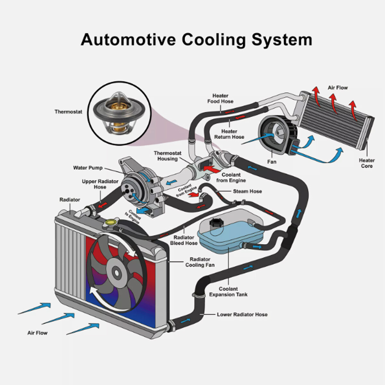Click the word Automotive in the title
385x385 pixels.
point(128,39)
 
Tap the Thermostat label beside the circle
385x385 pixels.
point(68,112)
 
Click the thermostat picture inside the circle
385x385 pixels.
point(119,113)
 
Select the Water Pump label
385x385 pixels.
point(88,168)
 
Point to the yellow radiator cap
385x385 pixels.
point(109,222)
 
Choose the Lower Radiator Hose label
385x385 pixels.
point(242,315)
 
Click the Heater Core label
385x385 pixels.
point(367,163)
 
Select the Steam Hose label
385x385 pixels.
point(247,192)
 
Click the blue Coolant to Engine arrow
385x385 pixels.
point(143,210)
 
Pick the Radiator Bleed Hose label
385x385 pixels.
point(184,240)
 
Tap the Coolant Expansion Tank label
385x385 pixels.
point(228,292)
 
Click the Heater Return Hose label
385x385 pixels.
point(229,134)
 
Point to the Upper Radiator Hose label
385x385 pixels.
point(100,184)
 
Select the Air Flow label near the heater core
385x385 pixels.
point(338,88)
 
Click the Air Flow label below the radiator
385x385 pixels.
point(37,333)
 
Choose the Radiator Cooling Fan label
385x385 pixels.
point(200,262)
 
